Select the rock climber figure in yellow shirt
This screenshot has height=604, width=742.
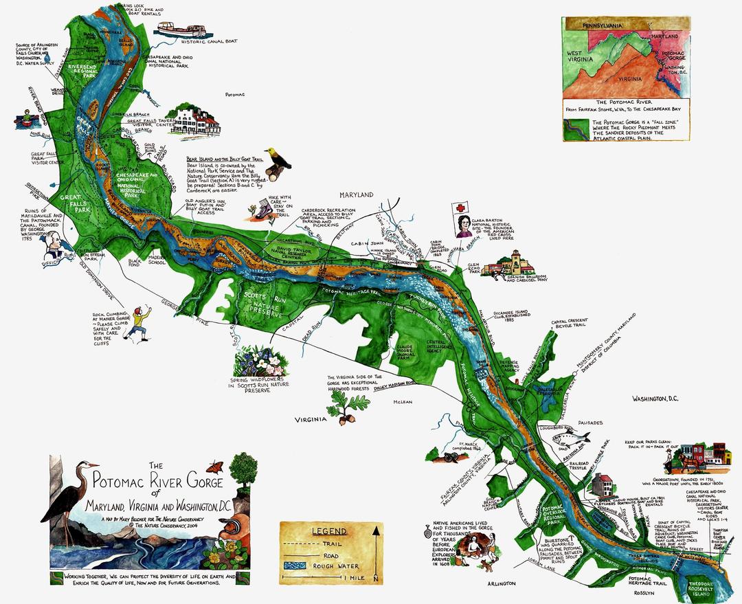coord(140,323)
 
